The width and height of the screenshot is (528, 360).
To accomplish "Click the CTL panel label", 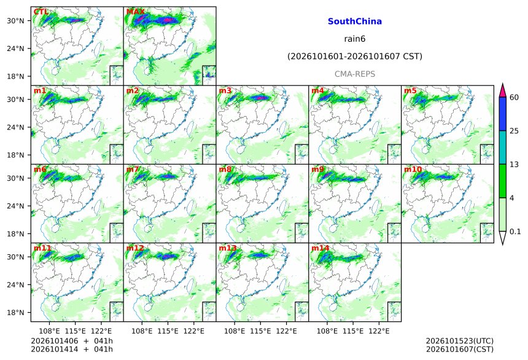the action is (x=41, y=12).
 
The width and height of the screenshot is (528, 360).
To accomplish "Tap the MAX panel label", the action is (x=135, y=12).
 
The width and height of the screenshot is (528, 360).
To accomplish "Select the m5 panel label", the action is (x=410, y=91).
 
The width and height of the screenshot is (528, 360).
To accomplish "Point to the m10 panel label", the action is (x=413, y=169).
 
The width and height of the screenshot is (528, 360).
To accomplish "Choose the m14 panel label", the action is (x=320, y=248).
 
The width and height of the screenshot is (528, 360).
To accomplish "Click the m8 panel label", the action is (x=225, y=169).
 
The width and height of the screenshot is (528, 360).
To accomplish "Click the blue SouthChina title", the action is (x=355, y=22).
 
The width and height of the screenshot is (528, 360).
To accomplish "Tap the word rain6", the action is (x=355, y=39).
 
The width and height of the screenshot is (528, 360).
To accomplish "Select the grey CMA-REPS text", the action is (x=355, y=74).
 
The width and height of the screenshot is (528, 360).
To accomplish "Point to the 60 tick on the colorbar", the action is (x=514, y=98).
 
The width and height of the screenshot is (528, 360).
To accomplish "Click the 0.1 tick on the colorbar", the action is (x=515, y=232).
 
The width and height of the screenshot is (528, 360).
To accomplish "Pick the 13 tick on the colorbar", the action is (x=514, y=165).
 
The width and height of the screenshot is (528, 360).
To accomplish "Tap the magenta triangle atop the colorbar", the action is (x=502, y=91).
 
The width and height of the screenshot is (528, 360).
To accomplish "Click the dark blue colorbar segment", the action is (x=502, y=114).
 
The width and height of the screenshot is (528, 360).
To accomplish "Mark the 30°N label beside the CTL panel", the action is (x=15, y=21).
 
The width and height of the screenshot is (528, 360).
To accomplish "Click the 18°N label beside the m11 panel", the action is (x=15, y=313).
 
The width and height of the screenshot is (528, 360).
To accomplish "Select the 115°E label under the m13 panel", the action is (x=260, y=331).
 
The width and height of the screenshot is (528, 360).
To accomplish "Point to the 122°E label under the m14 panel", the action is (x=379, y=331).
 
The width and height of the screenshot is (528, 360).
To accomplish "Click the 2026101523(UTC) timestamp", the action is (x=460, y=341).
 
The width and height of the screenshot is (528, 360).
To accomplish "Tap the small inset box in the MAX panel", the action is (x=209, y=75).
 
